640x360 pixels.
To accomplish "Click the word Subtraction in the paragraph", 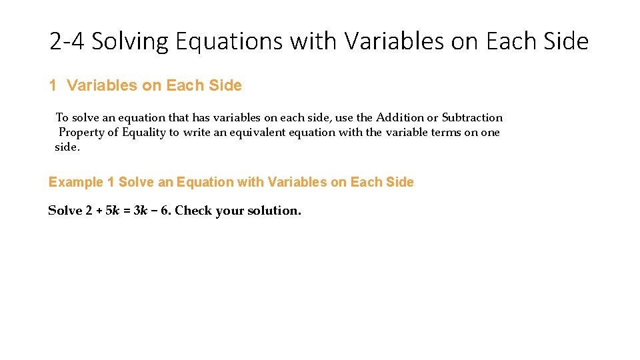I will pyautogui.click(x=472, y=117).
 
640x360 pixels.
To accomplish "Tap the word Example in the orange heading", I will pyautogui.click(x=75, y=182).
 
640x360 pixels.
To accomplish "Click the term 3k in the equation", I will pyautogui.click(x=141, y=211).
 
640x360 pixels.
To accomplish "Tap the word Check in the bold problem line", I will pyautogui.click(x=193, y=211).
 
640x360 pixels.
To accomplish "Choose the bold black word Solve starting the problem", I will pyautogui.click(x=65, y=211).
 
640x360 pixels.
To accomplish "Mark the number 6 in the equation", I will pyautogui.click(x=164, y=211).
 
